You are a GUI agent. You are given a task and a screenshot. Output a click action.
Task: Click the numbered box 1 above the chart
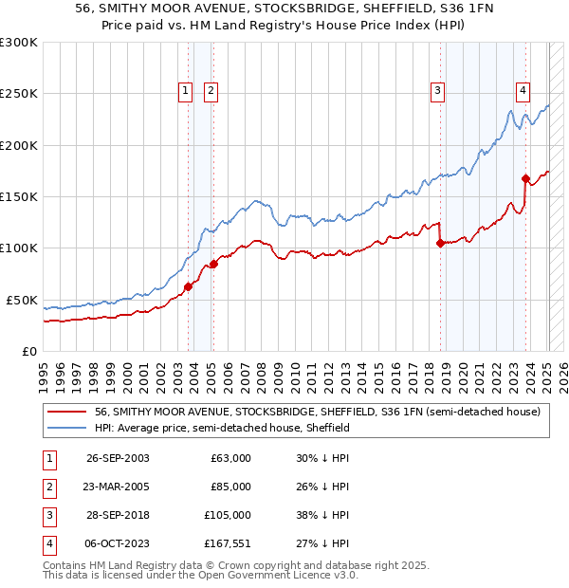coord(184,91)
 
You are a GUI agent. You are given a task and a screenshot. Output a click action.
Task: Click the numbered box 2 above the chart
coord(210,91)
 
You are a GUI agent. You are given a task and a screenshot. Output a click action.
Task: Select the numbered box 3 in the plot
coord(437,91)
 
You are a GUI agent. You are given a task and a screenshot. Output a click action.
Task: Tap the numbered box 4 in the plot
coord(523,91)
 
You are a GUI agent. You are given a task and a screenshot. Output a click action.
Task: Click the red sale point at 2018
coord(440,243)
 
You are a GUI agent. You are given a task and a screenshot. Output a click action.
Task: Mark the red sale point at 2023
coord(525,178)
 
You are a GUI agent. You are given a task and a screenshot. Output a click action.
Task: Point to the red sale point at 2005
coord(213,264)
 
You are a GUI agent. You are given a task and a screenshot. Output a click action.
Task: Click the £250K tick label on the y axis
coord(19,94)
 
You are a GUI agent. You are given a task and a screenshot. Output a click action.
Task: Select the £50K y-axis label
coord(22,300)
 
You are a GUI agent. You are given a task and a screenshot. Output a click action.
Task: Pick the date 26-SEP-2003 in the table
coord(118,458)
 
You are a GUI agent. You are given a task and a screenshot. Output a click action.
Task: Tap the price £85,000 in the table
coord(231,487)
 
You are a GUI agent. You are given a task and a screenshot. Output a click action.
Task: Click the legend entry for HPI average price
coord(222,428)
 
